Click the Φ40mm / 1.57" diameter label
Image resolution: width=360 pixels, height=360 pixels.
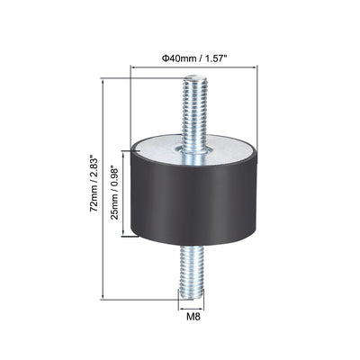tap(193, 58)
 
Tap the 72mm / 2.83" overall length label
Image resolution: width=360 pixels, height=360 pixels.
tap(94, 184)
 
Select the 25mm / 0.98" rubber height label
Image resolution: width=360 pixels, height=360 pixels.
tap(115, 193)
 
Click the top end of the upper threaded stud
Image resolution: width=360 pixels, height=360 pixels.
tap(195, 76)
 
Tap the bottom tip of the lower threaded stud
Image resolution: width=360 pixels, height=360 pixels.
tap(192, 298)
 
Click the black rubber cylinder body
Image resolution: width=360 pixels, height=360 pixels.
tap(193, 201)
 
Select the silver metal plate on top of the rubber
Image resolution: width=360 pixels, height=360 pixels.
tap(193, 148)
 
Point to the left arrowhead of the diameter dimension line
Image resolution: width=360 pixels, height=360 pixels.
tap(132, 67)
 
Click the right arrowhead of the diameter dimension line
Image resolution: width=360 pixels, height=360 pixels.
tap(256, 67)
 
